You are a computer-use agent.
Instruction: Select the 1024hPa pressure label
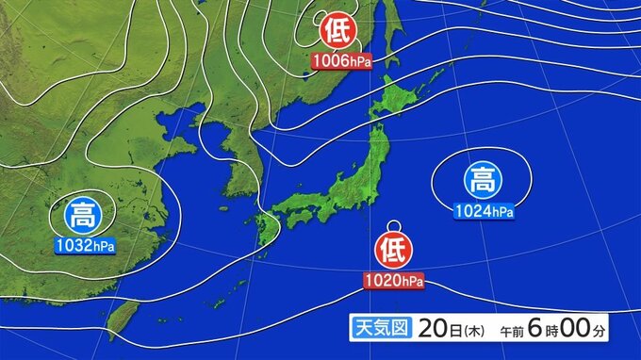tap(483, 210)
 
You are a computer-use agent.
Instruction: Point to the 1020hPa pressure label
tap(393, 281)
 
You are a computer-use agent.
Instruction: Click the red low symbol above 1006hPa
tap(337, 32)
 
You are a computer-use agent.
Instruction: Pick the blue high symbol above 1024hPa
tap(480, 178)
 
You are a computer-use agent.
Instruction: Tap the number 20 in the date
tap(430, 329)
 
